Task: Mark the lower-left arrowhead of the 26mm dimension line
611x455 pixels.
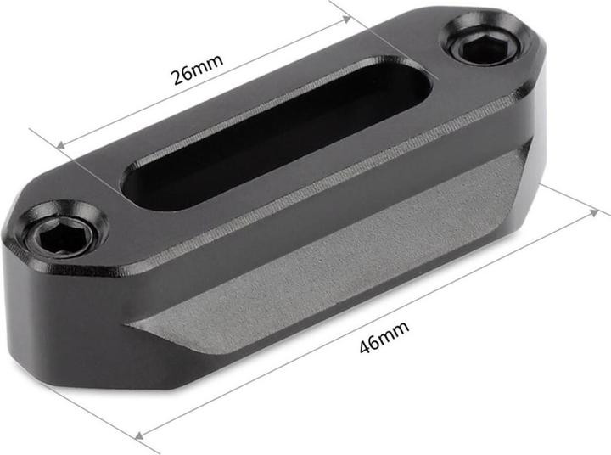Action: pos(61,146)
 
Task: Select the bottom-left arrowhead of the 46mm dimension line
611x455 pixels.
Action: pos(141,435)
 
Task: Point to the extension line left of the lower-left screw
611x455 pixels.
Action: pos(42,138)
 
